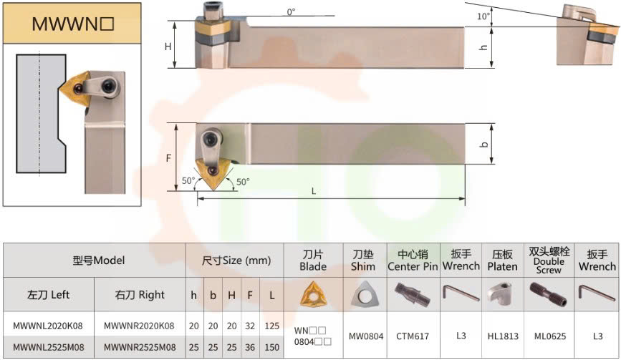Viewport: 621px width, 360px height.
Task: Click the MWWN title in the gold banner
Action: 73,24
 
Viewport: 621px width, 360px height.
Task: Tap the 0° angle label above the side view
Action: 291,12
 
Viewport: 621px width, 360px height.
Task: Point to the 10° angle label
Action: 483,16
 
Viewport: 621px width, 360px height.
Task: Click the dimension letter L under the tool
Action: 314,192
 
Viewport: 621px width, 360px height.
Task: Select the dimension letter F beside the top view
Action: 168,158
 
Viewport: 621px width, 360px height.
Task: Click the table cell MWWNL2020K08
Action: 48,326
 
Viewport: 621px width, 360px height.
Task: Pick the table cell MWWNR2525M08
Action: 140,347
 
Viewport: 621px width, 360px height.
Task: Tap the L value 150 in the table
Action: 272,347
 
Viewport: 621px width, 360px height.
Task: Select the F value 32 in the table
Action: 250,326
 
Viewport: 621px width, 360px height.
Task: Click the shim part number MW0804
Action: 366,336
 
